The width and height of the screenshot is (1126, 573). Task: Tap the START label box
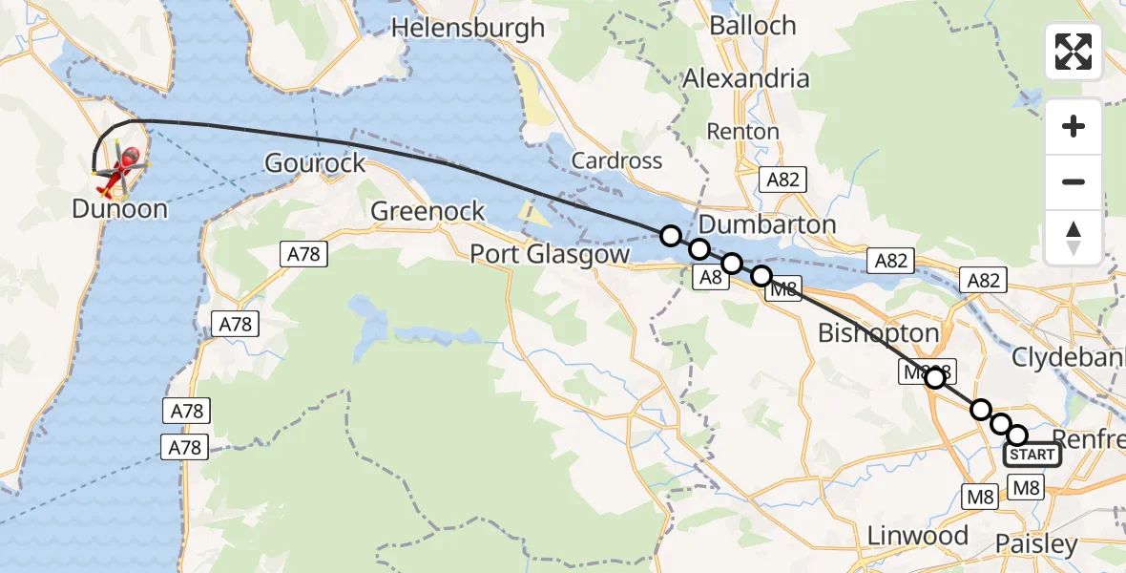(x=1032, y=456)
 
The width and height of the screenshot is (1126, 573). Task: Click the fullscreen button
(x=1074, y=52)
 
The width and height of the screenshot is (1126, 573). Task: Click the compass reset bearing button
(x=1074, y=237)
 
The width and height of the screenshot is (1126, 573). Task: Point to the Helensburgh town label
(x=468, y=28)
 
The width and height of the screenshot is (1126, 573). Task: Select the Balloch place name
(x=753, y=25)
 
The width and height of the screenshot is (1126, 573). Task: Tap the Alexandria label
(x=745, y=78)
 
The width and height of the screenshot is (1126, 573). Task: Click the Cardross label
(x=616, y=159)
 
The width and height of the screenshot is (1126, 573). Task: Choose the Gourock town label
(x=315, y=162)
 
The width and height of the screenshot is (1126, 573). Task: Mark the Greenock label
(x=427, y=211)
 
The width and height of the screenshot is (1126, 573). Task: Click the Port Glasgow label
(x=550, y=254)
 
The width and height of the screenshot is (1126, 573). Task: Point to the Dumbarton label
(x=767, y=224)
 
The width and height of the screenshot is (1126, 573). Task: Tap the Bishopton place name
(x=878, y=332)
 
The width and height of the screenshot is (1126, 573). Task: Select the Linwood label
(x=917, y=536)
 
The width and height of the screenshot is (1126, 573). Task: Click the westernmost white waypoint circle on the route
(x=671, y=236)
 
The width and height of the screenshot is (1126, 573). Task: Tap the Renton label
(x=742, y=131)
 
